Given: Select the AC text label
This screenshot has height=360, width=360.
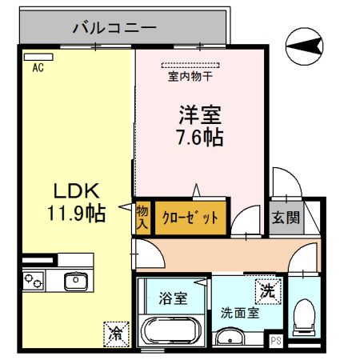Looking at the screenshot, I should pyautogui.click(x=38, y=69).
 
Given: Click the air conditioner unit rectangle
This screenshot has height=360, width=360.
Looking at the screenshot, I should pyautogui.click(x=38, y=57).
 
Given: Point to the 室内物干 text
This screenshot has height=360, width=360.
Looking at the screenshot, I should pyautogui.click(x=190, y=78).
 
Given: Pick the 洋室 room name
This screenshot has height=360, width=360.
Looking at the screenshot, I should pyautogui.click(x=198, y=114).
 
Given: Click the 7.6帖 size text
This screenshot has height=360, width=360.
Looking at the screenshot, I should pyautogui.click(x=198, y=137).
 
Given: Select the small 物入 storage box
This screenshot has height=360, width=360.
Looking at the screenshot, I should pyautogui.click(x=142, y=216).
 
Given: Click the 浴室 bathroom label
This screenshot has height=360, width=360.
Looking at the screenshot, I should pyautogui.click(x=174, y=298).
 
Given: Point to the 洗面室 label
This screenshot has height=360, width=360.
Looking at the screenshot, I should pyautogui.click(x=239, y=313).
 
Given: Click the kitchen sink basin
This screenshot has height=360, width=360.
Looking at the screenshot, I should pyautogui.click(x=77, y=280).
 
